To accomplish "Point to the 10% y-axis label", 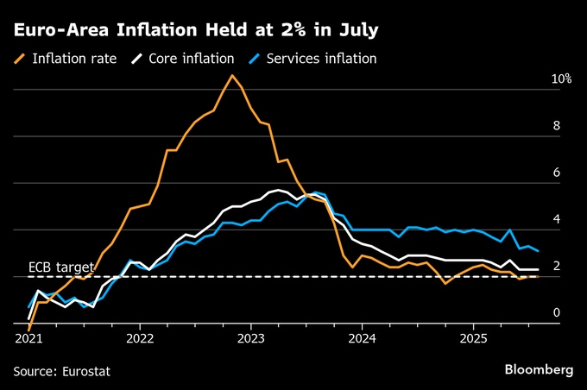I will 562,79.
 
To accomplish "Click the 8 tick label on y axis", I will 557,126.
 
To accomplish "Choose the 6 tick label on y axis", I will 557,173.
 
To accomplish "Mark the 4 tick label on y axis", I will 557,220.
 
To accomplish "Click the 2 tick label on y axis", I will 557,267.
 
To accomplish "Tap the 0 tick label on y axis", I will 557,313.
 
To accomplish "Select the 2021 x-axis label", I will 28,340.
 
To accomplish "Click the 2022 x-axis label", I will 140,340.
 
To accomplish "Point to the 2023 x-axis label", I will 251,340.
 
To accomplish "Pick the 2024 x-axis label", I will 363,340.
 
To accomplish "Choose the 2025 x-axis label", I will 474,340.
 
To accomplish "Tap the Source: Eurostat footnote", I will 62,371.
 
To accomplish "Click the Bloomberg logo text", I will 540,369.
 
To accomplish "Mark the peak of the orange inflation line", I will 231,75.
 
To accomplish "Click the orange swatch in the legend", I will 19,59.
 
